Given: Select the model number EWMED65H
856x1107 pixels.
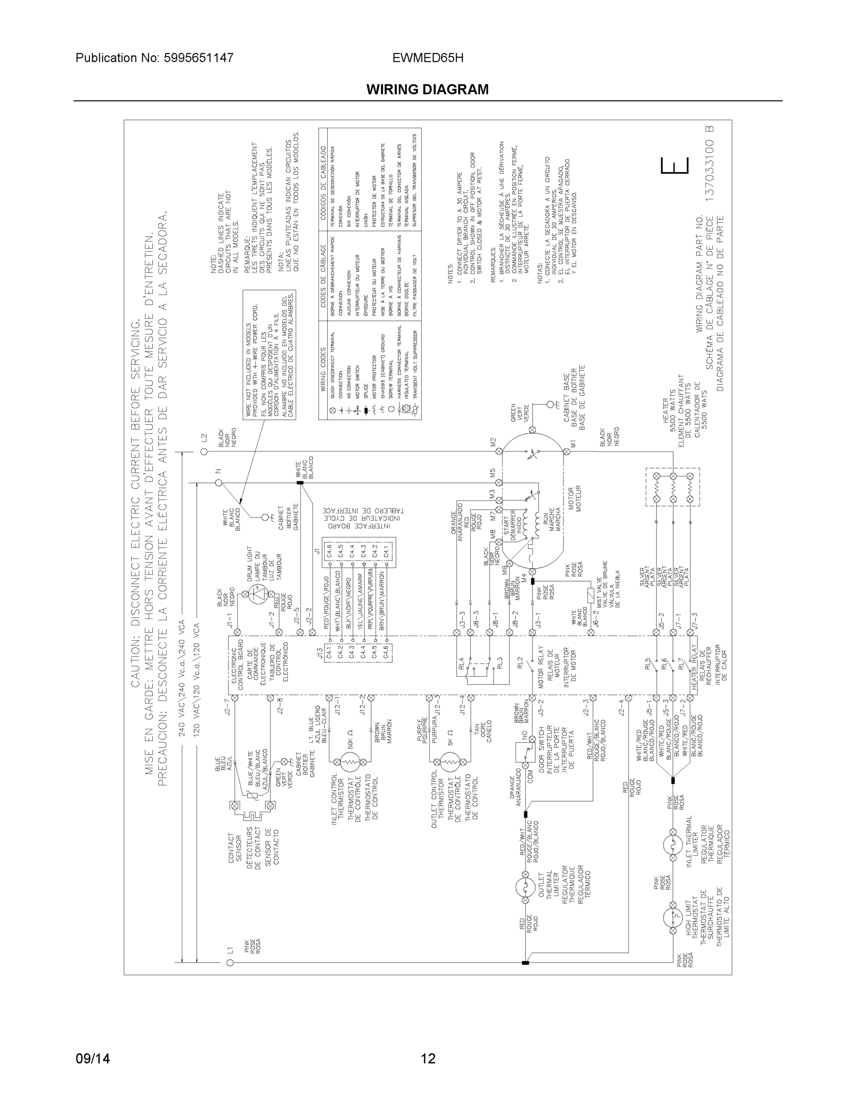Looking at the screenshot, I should coord(427,58).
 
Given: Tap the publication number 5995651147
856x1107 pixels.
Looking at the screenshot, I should coord(155,58).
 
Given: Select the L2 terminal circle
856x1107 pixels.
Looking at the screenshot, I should coord(204,451).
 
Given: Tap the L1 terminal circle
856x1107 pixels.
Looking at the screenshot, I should coord(230,962).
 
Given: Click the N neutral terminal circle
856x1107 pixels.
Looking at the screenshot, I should coord(219,482).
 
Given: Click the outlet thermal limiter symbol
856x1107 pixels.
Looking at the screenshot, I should coord(525,887).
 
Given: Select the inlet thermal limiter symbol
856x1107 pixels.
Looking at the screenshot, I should coord(673,845).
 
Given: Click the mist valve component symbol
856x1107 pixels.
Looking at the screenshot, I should coord(590,595).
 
